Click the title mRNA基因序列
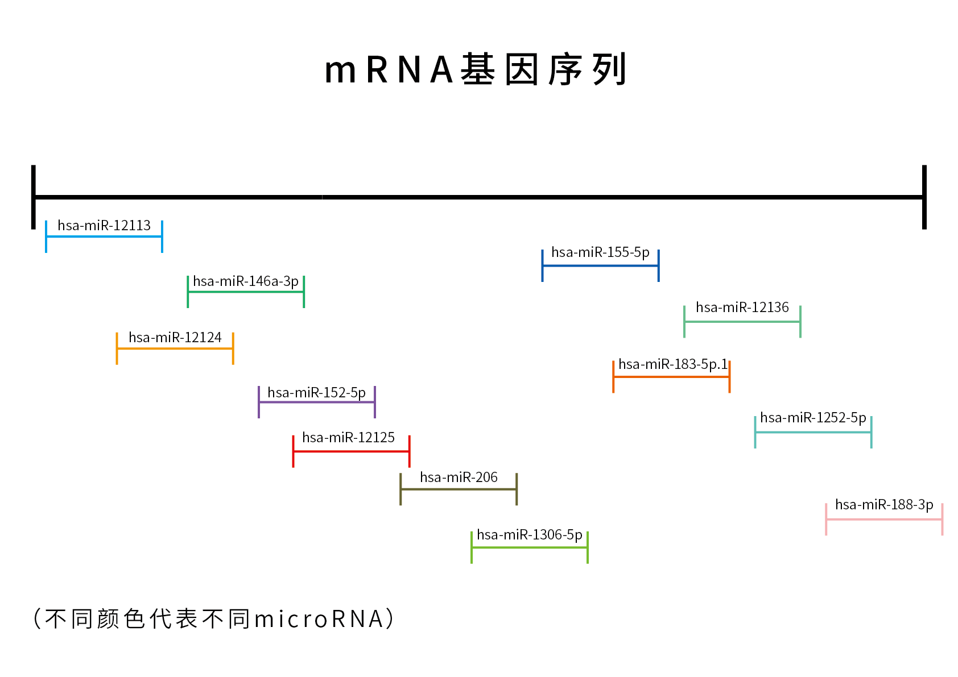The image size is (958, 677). tap(476, 69)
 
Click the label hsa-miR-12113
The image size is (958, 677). tap(104, 226)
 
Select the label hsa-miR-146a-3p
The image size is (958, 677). tap(246, 281)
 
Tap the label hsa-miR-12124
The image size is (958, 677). tap(175, 338)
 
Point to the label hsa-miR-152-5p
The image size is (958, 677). tap(316, 393)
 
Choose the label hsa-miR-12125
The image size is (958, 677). tap(348, 438)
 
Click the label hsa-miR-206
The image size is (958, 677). tap(459, 477)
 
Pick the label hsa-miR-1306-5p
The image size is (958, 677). tap(529, 535)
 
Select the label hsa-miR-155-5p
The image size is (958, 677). tap(600, 252)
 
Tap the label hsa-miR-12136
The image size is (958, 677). tap(742, 308)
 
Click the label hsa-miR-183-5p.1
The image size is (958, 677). tap(672, 364)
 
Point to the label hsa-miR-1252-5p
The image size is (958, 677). tap(813, 418)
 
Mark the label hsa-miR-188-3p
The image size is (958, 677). tap(884, 505)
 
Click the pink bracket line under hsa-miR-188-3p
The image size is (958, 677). tap(884, 519)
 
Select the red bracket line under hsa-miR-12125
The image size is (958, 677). tap(351, 451)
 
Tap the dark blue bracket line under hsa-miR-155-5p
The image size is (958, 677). tap(600, 265)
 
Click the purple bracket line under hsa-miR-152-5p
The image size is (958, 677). tap(317, 402)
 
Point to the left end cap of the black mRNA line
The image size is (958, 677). tap(34, 197)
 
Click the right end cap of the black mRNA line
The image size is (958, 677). tap(924, 197)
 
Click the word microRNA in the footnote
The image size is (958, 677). tap(319, 619)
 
